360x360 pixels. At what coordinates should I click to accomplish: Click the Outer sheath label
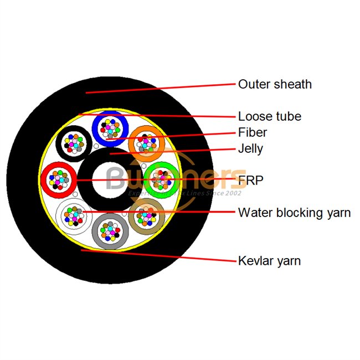tap(275, 85)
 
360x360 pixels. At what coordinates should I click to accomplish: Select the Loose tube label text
tap(270, 117)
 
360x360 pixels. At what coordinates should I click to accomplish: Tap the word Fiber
tap(253, 133)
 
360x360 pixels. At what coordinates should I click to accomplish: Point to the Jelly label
tap(250, 149)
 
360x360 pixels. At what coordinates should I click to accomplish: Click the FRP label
tap(250, 181)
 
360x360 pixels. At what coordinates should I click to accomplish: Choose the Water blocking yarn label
tap(294, 213)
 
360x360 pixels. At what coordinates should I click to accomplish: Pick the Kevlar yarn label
tap(269, 260)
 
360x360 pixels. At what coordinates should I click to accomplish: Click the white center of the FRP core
tap(110, 179)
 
